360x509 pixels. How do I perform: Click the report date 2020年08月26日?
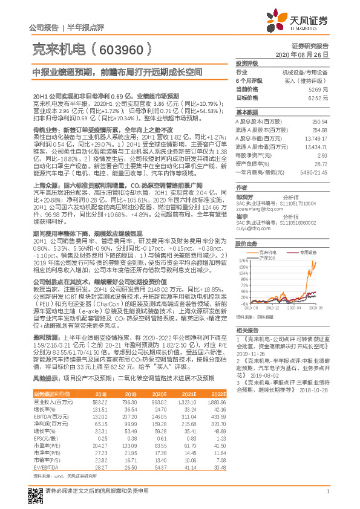pos(303,54)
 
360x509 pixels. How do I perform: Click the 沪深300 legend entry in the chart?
pos(268,258)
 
